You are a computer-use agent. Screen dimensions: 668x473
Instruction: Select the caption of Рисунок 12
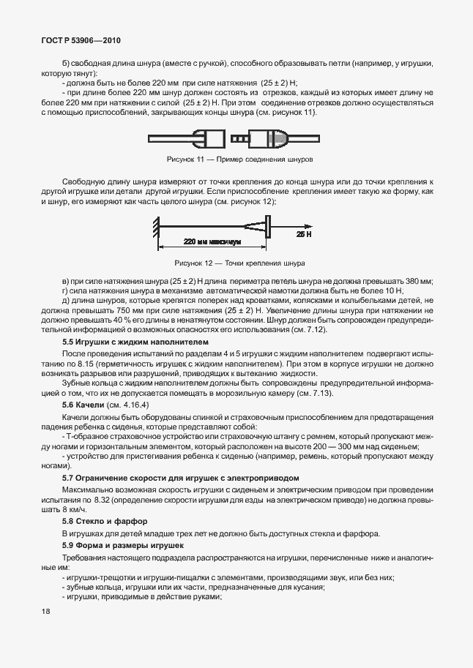click(x=239, y=263)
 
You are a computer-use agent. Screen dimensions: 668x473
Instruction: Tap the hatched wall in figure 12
click(x=157, y=227)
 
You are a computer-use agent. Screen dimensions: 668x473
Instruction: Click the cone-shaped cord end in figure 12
click(x=253, y=228)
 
